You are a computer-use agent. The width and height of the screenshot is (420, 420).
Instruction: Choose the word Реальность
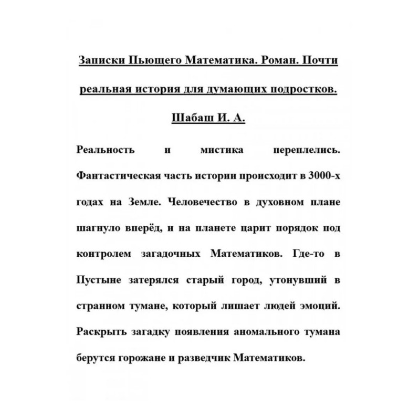coord(106,150)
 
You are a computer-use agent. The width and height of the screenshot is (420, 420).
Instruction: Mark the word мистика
coord(222,150)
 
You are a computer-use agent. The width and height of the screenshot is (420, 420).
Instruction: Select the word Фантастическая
coord(118,175)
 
